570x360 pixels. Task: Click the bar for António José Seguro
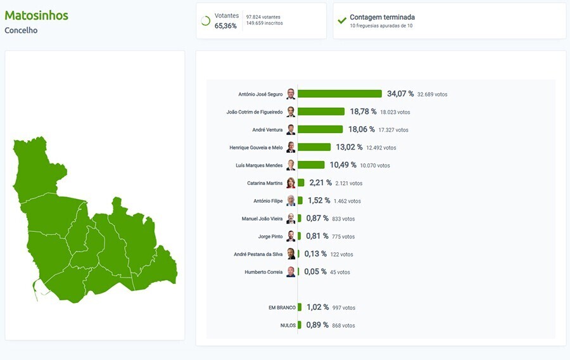(x=339, y=94)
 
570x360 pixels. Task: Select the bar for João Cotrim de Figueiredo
(x=321, y=112)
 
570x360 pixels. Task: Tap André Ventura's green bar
(x=320, y=129)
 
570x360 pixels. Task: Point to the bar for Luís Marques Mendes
(x=311, y=165)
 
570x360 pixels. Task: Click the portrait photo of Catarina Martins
(x=291, y=183)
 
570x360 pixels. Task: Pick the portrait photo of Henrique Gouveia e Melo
(x=291, y=147)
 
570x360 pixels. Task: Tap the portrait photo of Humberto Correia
(x=291, y=272)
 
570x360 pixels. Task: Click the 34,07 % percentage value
(x=400, y=94)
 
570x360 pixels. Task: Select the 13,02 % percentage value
(x=349, y=147)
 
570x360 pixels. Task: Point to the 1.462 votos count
(x=347, y=201)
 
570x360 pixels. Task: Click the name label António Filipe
(x=268, y=201)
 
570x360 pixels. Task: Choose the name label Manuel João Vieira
(x=262, y=219)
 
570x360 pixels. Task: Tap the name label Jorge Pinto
(x=270, y=236)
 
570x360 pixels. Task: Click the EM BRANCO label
(x=282, y=307)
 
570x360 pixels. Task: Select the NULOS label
(x=288, y=325)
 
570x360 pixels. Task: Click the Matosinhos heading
(x=36, y=15)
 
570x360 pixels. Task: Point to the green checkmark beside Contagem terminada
(x=342, y=20)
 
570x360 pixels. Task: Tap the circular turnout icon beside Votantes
(x=205, y=20)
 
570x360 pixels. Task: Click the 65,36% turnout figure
(x=225, y=26)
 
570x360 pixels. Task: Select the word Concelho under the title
(x=21, y=30)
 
